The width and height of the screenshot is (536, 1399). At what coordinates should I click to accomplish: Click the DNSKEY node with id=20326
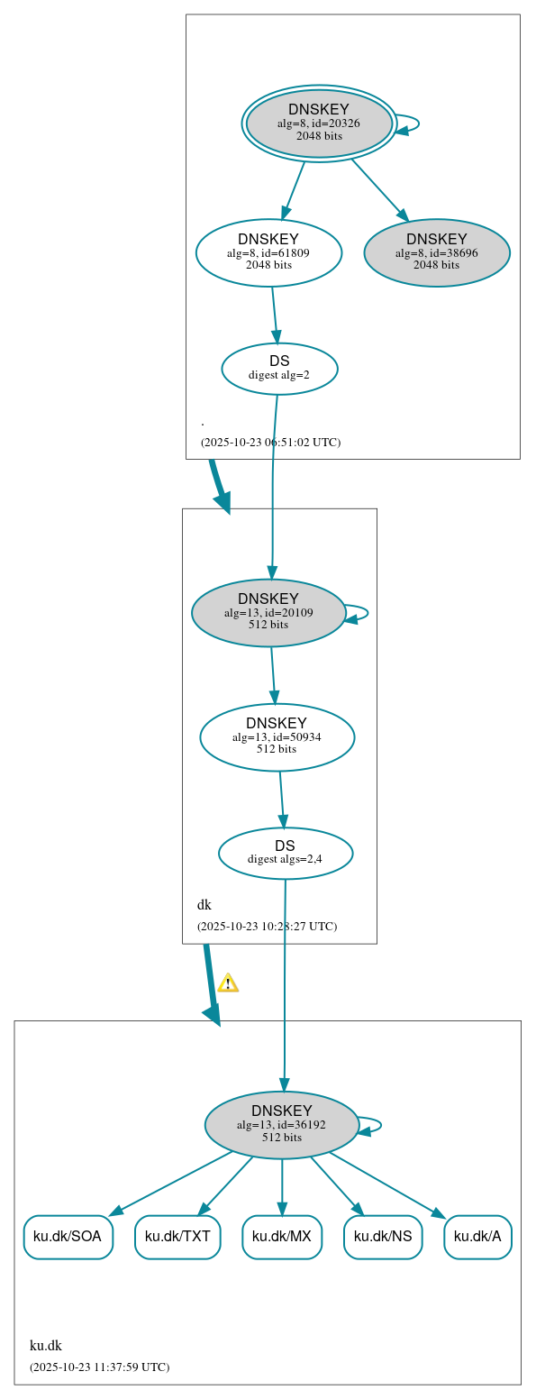[x=319, y=123]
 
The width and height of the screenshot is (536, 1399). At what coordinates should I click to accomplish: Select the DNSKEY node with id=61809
[x=268, y=252]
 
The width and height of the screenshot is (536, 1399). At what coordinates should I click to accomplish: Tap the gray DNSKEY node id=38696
[x=437, y=252]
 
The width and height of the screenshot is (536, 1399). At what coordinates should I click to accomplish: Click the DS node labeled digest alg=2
[x=279, y=369]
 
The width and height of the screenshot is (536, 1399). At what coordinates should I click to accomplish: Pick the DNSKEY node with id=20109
[x=268, y=613]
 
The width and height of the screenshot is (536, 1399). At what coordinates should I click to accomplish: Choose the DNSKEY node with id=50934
[x=277, y=737]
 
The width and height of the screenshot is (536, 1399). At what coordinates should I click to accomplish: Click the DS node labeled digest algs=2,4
[x=285, y=853]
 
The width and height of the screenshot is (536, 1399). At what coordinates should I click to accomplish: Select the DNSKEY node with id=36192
[x=282, y=1125]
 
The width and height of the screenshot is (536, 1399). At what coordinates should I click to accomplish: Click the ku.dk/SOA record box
[x=68, y=1237]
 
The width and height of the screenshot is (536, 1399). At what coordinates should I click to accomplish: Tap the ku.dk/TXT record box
[x=177, y=1237]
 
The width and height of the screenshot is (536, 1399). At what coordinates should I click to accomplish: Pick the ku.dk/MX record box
[x=282, y=1237]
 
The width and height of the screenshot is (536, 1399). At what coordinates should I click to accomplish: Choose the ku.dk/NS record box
[x=383, y=1237]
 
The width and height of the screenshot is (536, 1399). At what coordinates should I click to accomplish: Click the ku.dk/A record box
[x=477, y=1237]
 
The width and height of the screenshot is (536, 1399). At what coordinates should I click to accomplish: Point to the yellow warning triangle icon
[x=228, y=983]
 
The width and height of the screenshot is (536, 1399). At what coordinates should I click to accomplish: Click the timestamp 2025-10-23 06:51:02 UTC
[x=270, y=443]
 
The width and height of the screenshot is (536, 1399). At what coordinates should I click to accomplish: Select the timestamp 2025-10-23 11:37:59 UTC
[x=99, y=1367]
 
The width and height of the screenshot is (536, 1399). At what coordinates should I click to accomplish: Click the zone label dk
[x=204, y=905]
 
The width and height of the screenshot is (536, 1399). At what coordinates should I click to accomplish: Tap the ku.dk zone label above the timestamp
[x=46, y=1346]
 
